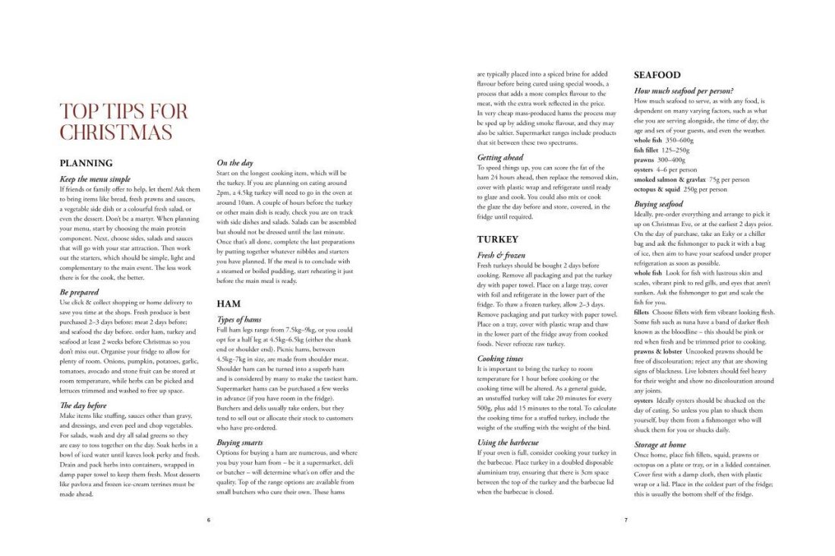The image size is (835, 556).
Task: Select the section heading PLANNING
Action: tap(86, 163)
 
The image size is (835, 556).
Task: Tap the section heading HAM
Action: tap(228, 303)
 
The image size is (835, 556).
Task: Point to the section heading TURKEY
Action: tap(497, 239)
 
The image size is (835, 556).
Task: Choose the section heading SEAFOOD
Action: tap(657, 75)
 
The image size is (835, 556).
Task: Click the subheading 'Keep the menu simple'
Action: tap(95, 179)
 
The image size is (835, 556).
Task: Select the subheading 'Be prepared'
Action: tap(78, 292)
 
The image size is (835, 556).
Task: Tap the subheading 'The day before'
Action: tap(83, 405)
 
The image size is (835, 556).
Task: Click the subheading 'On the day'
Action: tap(235, 163)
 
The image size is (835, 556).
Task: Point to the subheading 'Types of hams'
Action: tap(241, 320)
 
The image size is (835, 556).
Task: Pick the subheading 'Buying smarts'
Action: tap(239, 442)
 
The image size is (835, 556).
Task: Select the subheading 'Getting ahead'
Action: tap(500, 157)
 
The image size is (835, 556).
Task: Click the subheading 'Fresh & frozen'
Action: tap(501, 256)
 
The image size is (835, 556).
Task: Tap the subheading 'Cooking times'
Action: tap(500, 358)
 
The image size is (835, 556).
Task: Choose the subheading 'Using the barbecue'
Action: tap(508, 442)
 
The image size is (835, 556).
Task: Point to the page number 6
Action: tap(209, 520)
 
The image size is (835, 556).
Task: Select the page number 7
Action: tap(626, 520)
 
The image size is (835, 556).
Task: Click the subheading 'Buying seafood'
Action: tap(658, 205)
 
